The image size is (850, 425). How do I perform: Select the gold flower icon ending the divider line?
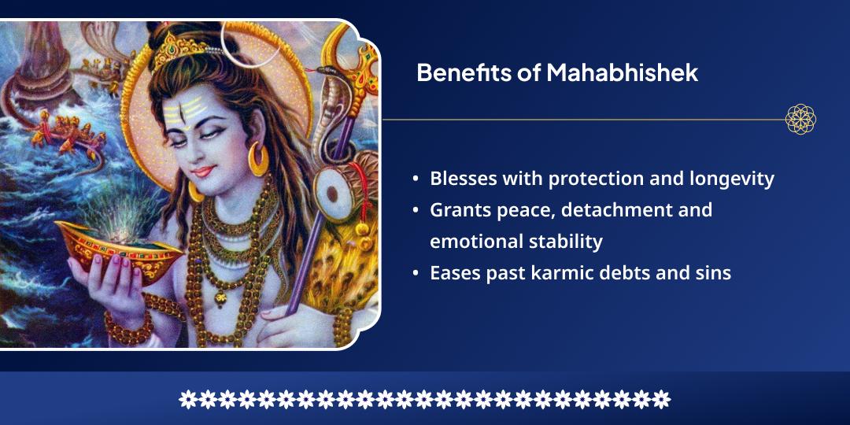[800, 120]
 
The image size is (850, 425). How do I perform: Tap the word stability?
[564, 242]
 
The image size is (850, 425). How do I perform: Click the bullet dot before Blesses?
[415, 179]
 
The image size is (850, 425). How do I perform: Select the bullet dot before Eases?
[415, 274]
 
